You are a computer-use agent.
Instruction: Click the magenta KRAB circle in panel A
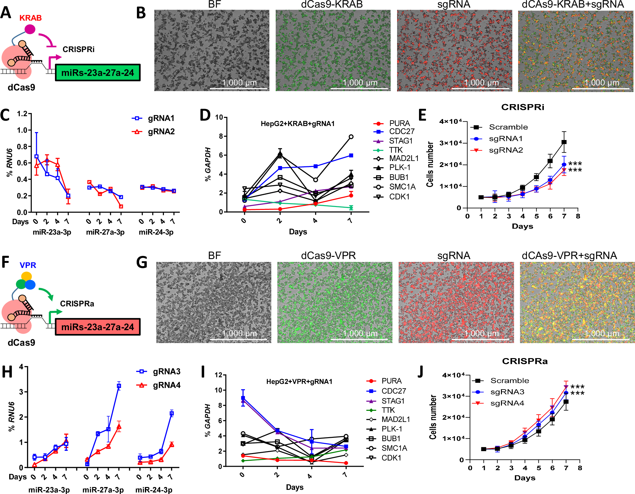[x=30, y=29]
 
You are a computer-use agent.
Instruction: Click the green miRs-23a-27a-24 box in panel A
[x=98, y=73]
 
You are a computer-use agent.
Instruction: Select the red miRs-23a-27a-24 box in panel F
[x=98, y=327]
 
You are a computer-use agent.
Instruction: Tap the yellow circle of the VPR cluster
[x=26, y=276]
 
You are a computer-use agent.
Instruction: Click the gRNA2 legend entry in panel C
[x=154, y=131]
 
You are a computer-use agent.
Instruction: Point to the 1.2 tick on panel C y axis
[x=22, y=114]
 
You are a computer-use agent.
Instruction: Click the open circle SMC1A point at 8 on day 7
[x=351, y=137]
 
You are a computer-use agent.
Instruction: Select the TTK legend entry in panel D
[x=396, y=150]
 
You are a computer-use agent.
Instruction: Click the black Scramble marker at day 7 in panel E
[x=564, y=142]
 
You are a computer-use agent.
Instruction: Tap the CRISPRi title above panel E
[x=523, y=107]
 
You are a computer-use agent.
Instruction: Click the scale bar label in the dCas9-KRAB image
[x=360, y=83]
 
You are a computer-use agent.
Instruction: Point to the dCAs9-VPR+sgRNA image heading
[x=569, y=256]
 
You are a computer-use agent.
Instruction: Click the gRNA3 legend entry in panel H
[x=159, y=371]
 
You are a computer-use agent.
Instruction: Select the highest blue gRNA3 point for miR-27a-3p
[x=119, y=386]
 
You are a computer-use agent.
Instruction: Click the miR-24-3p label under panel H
[x=154, y=490]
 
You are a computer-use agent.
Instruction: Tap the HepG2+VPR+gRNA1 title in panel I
[x=299, y=382]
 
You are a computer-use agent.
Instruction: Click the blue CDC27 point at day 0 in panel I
[x=243, y=398]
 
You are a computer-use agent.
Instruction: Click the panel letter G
[x=142, y=263]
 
